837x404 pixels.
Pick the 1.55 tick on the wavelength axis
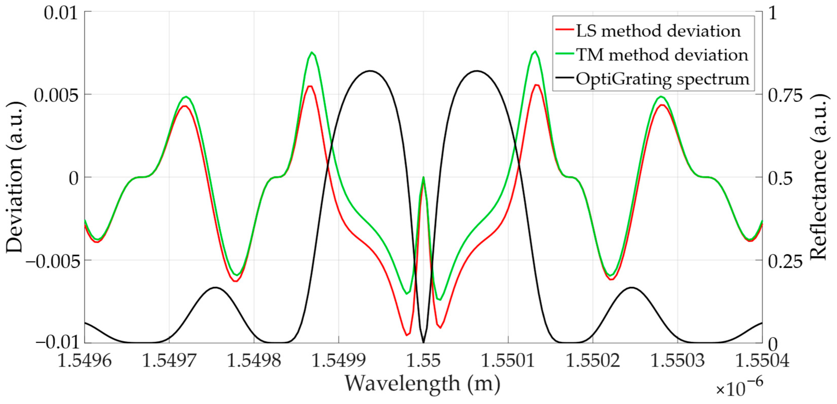423,360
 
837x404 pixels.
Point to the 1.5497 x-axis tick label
169,360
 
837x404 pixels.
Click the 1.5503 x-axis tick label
678,360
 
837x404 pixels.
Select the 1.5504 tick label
762,360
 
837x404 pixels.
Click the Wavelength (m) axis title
422,384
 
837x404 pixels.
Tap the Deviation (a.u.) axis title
15,177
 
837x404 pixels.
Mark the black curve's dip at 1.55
423,342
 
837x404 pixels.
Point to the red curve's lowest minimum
407,335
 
